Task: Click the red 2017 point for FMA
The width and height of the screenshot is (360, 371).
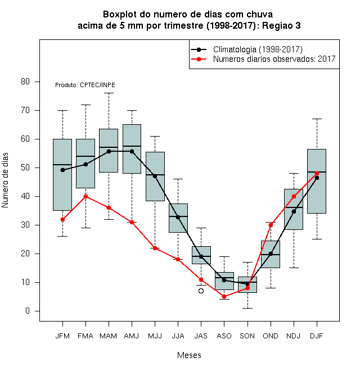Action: [x=85, y=196]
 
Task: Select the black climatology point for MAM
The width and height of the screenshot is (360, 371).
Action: [x=109, y=151]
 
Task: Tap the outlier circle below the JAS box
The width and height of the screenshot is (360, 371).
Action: [x=201, y=291]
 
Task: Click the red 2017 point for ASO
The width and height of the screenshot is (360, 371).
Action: [x=224, y=296]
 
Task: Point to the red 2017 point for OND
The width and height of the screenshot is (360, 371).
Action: [x=271, y=225]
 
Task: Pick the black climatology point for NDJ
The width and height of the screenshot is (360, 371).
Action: [x=294, y=211]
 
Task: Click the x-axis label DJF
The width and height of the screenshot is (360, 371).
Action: [x=317, y=336]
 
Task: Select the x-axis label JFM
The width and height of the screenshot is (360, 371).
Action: [x=62, y=336]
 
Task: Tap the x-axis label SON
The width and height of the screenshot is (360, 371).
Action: [x=247, y=336]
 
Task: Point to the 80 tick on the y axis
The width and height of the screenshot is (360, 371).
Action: [x=25, y=82]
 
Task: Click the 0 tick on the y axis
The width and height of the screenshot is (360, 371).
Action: [x=28, y=311]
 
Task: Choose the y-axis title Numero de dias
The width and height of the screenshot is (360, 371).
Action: [x=5, y=180]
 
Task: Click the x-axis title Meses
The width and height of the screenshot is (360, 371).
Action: [x=189, y=355]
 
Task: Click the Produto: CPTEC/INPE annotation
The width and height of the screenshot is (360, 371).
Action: [x=85, y=85]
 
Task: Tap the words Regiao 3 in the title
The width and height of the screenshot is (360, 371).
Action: [x=281, y=25]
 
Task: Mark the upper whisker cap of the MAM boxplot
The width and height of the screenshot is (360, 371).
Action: [x=109, y=93]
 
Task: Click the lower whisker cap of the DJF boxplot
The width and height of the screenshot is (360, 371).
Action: [x=317, y=239]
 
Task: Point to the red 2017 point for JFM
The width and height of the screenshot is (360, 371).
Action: [x=62, y=220]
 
